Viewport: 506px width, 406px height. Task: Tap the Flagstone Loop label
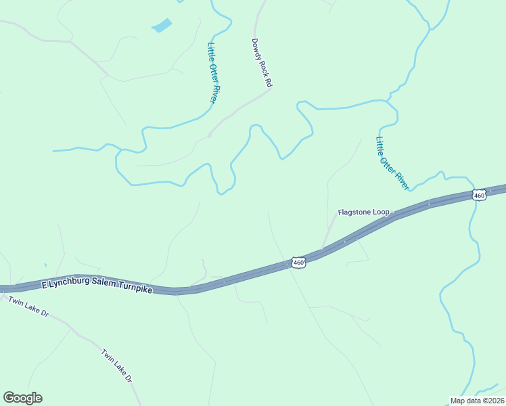[x=363, y=212]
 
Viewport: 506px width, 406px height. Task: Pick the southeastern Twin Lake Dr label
[x=116, y=367]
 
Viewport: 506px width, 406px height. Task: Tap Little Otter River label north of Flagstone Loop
[x=393, y=163]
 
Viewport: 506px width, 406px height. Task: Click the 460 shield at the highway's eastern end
[x=479, y=195]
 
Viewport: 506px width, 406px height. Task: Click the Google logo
[x=22, y=398]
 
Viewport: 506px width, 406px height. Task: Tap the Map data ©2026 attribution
[x=478, y=401]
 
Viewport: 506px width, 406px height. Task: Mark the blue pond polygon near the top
[x=162, y=26]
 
